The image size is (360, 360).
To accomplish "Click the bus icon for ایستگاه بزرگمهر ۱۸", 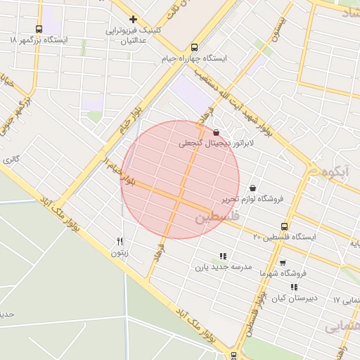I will (39, 30).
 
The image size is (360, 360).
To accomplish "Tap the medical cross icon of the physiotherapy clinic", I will (133, 19).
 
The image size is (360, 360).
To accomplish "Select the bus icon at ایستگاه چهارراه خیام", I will (165, 49).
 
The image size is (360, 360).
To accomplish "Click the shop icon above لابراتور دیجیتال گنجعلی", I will (216, 131).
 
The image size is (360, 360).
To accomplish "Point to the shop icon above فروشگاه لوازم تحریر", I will (252, 188).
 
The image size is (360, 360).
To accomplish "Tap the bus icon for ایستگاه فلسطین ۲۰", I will (284, 226).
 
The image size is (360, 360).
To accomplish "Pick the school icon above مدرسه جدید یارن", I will (223, 257).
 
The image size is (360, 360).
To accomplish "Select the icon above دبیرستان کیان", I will (294, 287).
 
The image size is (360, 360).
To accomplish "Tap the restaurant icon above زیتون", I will (120, 240).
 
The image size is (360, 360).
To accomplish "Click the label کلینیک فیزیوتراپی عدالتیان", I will (134, 35).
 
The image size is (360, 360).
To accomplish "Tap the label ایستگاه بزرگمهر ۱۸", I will (39, 41).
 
